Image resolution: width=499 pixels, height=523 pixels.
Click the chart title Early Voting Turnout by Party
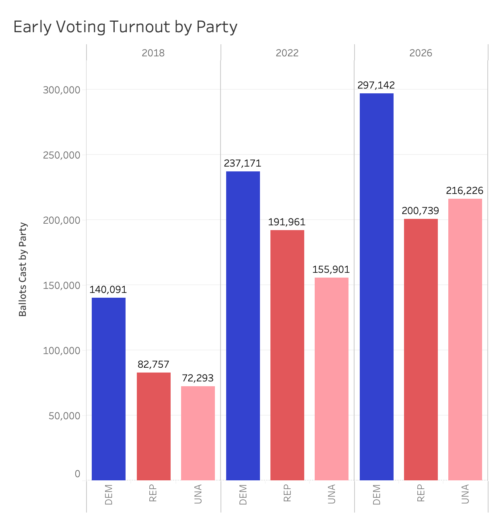125,27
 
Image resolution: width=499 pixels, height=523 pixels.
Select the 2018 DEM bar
109,389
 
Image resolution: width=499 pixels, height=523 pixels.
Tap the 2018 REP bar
154,426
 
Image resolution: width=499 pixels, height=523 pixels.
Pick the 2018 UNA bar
198,433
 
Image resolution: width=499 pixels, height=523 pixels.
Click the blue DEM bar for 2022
243,325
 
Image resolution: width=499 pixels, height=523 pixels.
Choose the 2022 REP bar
287,355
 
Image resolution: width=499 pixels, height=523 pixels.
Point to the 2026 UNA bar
465,339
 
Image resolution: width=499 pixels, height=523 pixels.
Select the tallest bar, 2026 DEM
377,286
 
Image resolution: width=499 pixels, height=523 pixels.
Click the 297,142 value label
376,85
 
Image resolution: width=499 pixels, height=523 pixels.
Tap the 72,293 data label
198,378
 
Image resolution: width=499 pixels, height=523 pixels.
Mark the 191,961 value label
287,222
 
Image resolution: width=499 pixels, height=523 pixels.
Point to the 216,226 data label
465,191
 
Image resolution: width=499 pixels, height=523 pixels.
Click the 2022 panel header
287,53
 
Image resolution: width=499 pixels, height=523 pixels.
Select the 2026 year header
421,53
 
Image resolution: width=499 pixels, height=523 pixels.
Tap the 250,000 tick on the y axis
62,155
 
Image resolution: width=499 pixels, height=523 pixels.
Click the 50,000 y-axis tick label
64,416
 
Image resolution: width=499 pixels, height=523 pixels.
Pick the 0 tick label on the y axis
77,474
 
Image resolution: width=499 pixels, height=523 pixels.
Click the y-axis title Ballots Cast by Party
23,270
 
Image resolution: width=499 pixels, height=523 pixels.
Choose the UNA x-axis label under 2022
332,494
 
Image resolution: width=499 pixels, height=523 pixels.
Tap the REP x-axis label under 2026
421,493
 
